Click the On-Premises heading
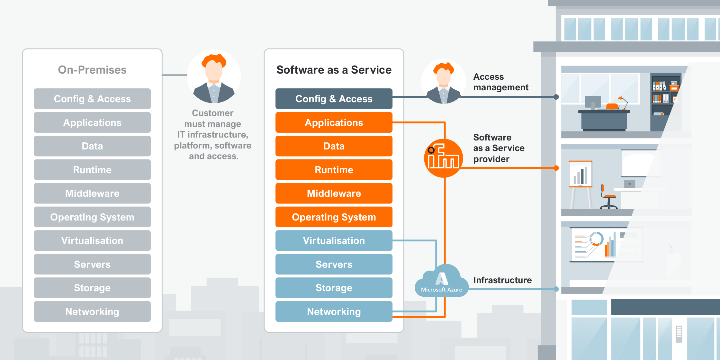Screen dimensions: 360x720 click(x=92, y=70)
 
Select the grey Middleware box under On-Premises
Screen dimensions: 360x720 click(x=92, y=193)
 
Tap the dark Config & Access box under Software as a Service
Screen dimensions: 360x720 click(x=334, y=99)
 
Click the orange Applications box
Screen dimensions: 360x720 click(x=334, y=122)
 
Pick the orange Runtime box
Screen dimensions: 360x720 click(x=334, y=170)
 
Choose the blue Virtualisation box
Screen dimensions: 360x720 click(x=334, y=240)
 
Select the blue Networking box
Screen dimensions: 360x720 click(x=334, y=311)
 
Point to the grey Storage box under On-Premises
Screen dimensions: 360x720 click(x=92, y=288)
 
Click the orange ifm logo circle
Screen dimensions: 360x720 click(x=443, y=158)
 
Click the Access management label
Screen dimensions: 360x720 click(x=500, y=82)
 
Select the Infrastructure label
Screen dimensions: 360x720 click(x=502, y=280)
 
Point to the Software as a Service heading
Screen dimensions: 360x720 click(x=334, y=70)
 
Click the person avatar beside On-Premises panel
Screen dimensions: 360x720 click(x=214, y=77)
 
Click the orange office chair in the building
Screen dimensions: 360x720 click(x=607, y=197)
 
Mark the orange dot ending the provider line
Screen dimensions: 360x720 click(x=556, y=168)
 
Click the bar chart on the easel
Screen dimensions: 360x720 click(x=580, y=175)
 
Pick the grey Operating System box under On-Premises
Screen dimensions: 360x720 click(x=92, y=217)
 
